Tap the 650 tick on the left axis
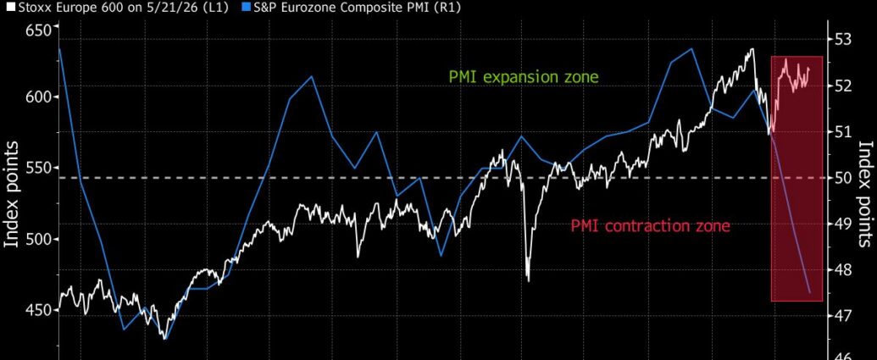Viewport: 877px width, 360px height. coord(39,30)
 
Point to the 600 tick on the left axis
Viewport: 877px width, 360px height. coord(39,97)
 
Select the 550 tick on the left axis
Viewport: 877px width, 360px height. coord(39,169)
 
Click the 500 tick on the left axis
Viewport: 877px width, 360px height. coord(39,239)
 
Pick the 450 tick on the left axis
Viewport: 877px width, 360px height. coord(39,310)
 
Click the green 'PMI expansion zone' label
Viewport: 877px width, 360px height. coord(524,77)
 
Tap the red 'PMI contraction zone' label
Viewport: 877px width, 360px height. coord(651,226)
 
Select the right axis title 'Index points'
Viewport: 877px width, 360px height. coord(865,194)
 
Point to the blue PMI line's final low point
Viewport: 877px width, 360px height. coord(809,292)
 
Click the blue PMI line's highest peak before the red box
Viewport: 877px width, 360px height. coord(692,48)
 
